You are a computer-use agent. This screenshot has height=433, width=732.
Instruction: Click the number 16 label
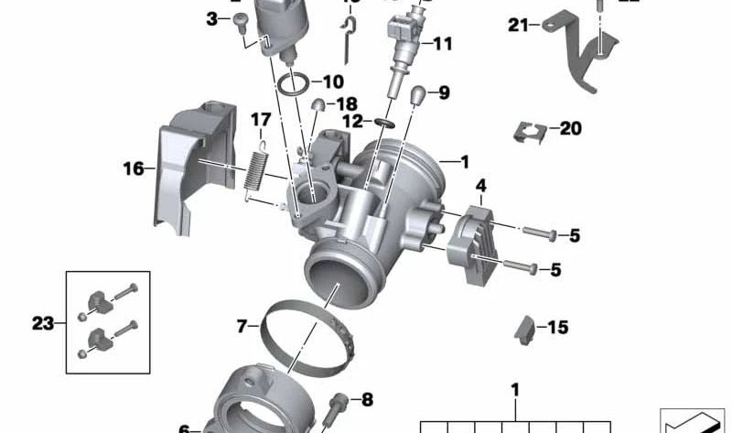click(x=134, y=168)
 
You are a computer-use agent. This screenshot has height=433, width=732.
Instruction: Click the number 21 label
click(x=519, y=26)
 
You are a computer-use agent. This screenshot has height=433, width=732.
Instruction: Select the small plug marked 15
click(x=524, y=329)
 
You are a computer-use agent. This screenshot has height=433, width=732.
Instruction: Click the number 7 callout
click(x=242, y=325)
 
